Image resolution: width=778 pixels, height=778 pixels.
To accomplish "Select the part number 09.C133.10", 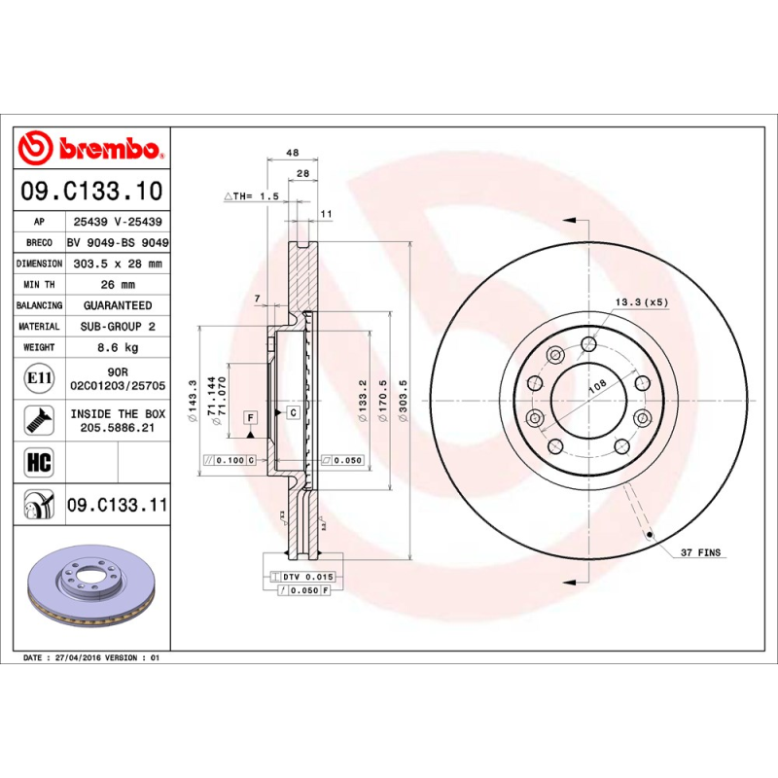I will click(92, 191).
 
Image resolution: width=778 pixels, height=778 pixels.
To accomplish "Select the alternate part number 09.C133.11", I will click(117, 506).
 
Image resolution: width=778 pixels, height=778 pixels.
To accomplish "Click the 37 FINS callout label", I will click(700, 552).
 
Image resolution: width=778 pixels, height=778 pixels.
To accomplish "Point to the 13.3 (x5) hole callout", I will click(642, 302).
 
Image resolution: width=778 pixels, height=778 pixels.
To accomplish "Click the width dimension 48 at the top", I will click(291, 153).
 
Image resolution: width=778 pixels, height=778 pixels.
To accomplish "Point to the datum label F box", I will click(250, 418).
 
